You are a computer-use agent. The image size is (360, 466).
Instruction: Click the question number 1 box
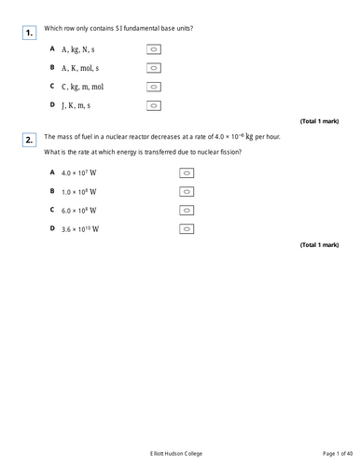tap(30, 34)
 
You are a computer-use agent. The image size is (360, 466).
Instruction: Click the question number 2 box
tap(30, 140)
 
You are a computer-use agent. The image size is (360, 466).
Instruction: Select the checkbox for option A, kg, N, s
tap(155, 49)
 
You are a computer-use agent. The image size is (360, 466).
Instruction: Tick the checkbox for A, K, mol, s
tap(155, 68)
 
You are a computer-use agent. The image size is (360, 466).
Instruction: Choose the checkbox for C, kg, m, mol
tap(155, 87)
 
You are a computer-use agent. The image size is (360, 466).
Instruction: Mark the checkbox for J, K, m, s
tap(155, 105)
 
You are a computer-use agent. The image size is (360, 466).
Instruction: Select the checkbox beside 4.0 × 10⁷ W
tap(186, 172)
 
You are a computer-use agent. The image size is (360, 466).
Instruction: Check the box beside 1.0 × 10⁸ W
tap(186, 191)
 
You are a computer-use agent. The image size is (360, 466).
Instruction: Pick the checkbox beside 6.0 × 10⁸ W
tap(186, 210)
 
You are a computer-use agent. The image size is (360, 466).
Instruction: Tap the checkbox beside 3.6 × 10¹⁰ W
tap(186, 228)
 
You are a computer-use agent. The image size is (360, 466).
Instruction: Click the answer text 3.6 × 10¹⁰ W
tap(79, 228)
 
